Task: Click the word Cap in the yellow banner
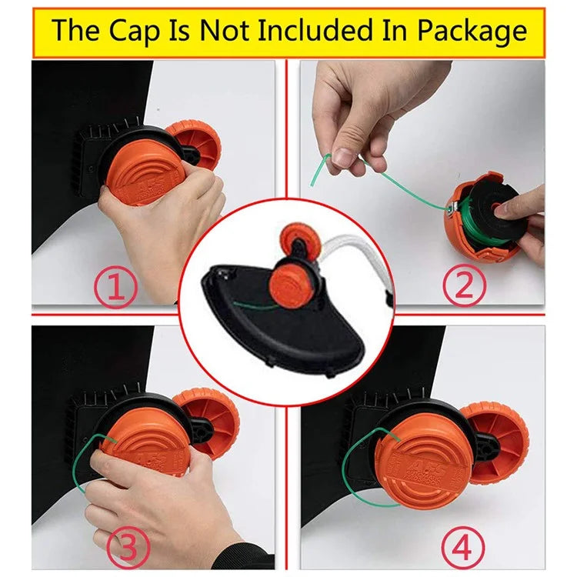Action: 134,31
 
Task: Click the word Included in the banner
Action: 315,31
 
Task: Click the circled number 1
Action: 115,288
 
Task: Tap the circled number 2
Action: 464,286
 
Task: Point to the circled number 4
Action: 462,549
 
